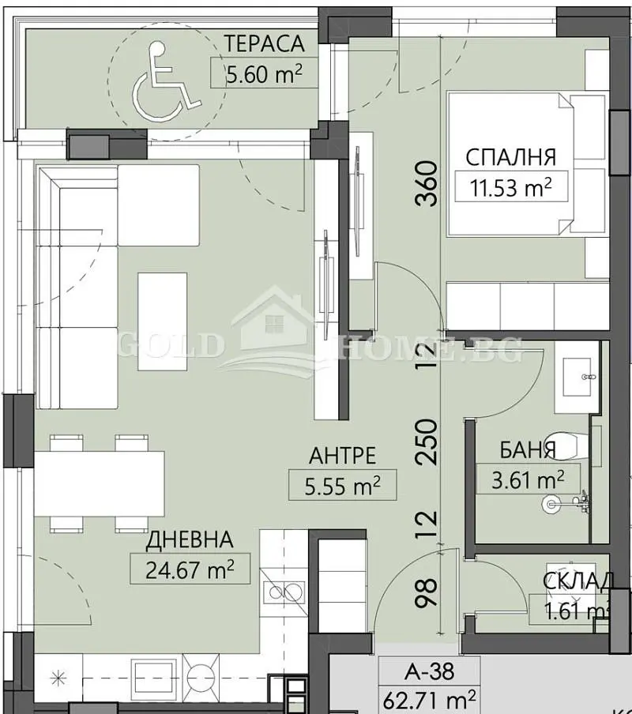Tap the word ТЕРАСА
coord(263,44)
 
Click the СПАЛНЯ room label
coord(510,156)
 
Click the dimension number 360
coord(426,182)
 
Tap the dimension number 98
coord(426,592)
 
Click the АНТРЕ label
coord(341,456)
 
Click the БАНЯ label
coord(527,450)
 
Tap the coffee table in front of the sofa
coord(163,321)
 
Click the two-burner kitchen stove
coord(286,590)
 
